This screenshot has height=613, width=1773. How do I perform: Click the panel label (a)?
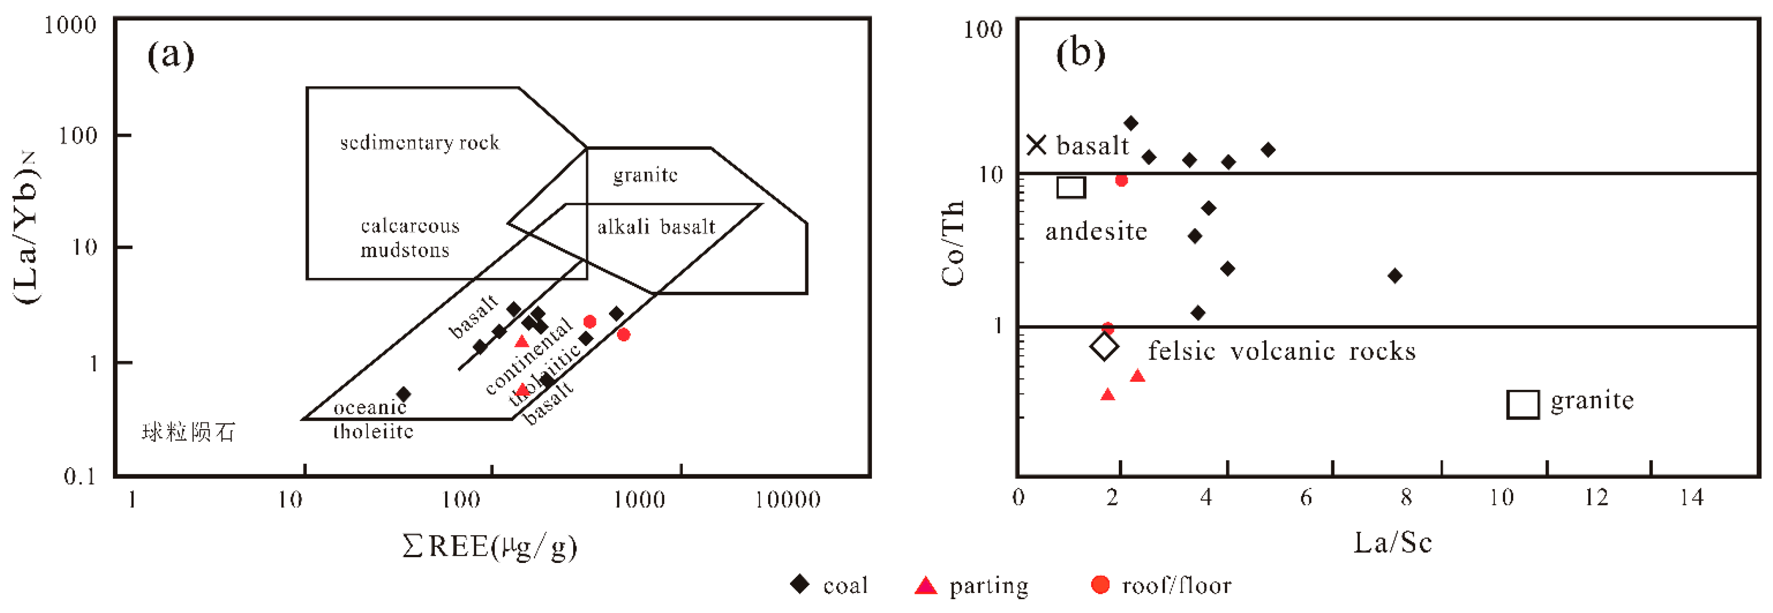coord(171,55)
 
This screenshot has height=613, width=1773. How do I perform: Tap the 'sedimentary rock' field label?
coord(419,143)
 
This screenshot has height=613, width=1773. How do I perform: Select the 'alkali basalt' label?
coord(656,226)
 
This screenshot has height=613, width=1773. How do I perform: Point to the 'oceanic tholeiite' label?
coord(372,419)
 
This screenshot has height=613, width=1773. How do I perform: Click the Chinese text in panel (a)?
coord(188,432)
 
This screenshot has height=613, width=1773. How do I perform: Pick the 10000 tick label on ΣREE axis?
coord(787,500)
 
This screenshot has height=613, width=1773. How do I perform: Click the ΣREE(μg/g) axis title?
coord(489,547)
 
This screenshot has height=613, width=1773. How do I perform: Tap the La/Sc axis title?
coord(1392,543)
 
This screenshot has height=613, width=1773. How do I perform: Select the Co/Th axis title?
coord(953,243)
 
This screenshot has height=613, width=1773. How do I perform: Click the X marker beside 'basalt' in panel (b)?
coord(1036,144)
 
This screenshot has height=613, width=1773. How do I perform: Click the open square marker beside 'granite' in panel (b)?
coord(1522,404)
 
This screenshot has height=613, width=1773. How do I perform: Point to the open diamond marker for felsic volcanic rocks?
coord(1104,346)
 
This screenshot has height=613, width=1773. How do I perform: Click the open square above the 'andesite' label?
coord(1071,187)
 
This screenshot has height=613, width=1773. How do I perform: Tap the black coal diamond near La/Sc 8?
coord(1395,276)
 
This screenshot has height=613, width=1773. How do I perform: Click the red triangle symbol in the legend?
coord(926,585)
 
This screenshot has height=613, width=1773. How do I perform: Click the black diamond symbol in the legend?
coord(800,584)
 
